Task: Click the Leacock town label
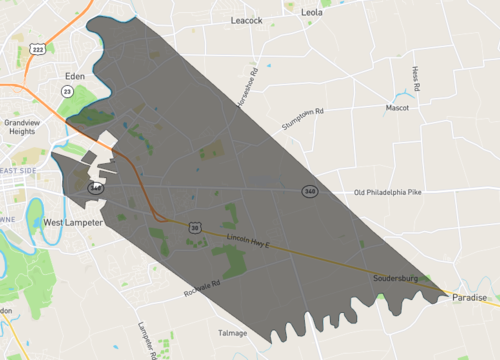click(x=245, y=19)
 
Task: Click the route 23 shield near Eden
click(x=67, y=90)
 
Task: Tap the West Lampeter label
click(x=73, y=222)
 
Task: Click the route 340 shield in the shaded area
click(x=311, y=190)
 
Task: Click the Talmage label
click(x=232, y=332)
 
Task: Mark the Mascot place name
click(x=398, y=107)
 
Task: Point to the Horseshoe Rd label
click(x=247, y=90)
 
